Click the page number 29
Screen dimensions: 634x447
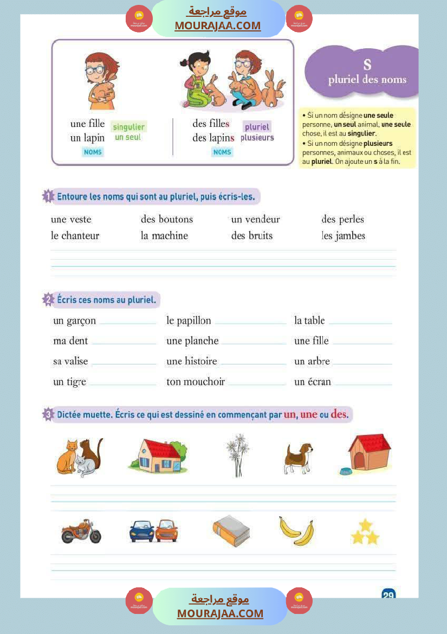pyautogui.click(x=388, y=595)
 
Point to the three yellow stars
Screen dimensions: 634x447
pyautogui.click(x=365, y=531)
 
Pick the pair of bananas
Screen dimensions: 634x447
pyautogui.click(x=296, y=530)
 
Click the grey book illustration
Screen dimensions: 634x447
pyautogui.click(x=231, y=531)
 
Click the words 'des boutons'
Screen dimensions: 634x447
pyautogui.click(x=166, y=220)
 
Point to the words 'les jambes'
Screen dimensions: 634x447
pyautogui.click(x=343, y=236)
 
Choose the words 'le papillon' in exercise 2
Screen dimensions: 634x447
pyautogui.click(x=189, y=321)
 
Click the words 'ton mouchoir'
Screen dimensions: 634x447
pyautogui.click(x=195, y=382)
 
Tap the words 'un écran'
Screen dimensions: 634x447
pyautogui.click(x=312, y=382)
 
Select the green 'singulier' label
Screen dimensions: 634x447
pyautogui.click(x=128, y=127)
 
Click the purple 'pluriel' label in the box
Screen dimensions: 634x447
pyautogui.click(x=256, y=127)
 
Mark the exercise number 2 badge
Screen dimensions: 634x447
pyautogui.click(x=48, y=299)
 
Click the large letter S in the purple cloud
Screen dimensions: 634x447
pyautogui.click(x=367, y=65)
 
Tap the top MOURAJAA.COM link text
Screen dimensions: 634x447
pyautogui.click(x=217, y=25)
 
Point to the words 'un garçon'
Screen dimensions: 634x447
pyautogui.click(x=74, y=321)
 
